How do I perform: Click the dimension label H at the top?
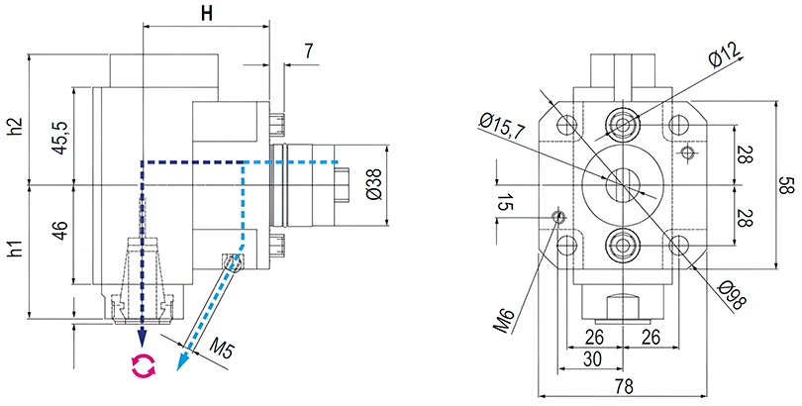[x=206, y=14]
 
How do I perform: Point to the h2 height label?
[x=14, y=127]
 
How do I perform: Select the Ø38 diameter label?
[x=373, y=185]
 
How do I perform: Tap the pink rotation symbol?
[x=145, y=365]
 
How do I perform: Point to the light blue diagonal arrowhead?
[x=181, y=363]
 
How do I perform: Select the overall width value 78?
[x=624, y=385]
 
